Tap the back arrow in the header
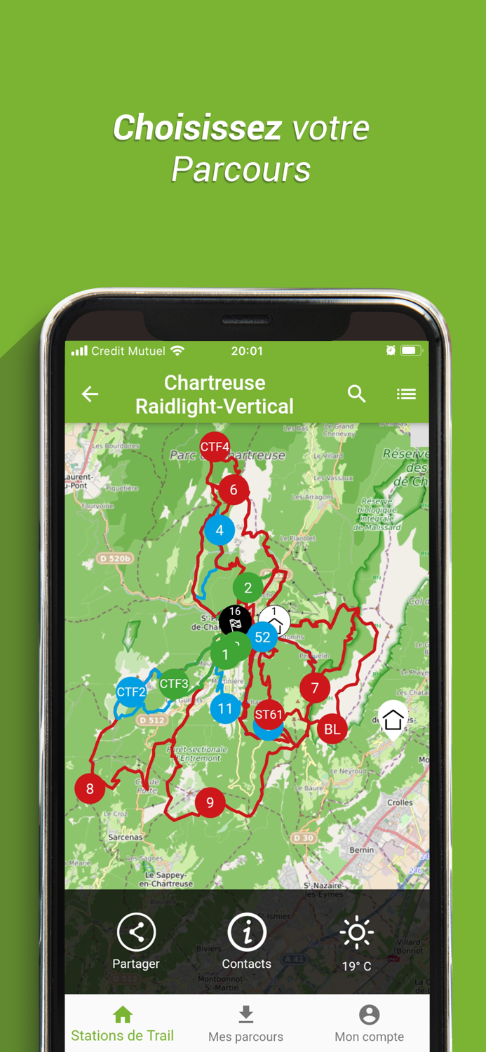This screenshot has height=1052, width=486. tap(90, 394)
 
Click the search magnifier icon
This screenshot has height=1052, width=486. tap(357, 394)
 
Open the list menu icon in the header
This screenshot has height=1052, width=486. tap(406, 394)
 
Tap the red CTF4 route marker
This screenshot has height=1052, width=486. tap(215, 447)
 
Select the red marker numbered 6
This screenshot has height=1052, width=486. tap(234, 490)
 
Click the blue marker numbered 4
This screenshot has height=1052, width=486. tap(220, 530)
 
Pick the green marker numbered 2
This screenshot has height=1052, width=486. tap(248, 588)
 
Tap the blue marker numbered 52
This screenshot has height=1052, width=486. tap(263, 637)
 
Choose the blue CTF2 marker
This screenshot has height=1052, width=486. tap(131, 692)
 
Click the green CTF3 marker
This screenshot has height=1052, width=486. tap(174, 684)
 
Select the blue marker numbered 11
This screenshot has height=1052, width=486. tap(225, 708)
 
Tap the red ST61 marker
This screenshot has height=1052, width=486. tap(269, 715)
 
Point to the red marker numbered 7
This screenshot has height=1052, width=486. tap(315, 688)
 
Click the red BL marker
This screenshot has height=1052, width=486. tap(332, 729)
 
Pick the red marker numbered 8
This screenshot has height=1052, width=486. tap(90, 788)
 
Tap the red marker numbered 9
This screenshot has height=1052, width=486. tap(210, 802)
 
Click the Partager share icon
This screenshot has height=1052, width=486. tap(136, 932)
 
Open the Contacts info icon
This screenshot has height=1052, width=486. tap(246, 932)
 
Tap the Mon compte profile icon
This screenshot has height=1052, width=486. tap(369, 1015)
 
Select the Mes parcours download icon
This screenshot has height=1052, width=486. tap(245, 1015)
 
